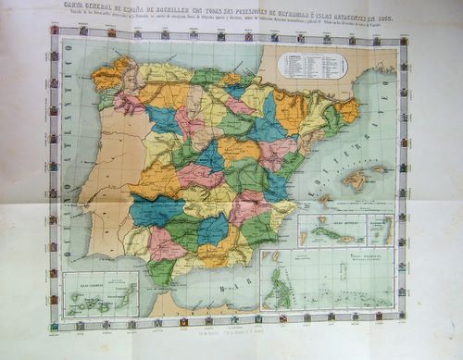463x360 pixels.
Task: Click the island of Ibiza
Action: [325, 198]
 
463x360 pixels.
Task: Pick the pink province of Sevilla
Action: [168, 244]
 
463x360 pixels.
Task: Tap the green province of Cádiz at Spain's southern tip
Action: [161, 271]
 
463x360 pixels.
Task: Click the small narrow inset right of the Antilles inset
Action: [380, 230]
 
